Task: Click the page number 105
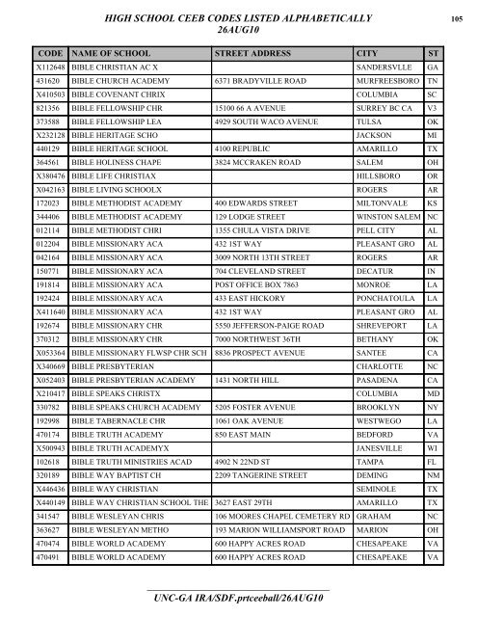point(462,17)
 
